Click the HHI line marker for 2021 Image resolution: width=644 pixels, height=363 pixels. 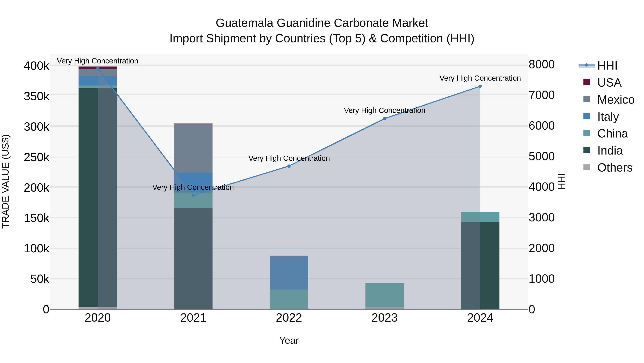click(193, 195)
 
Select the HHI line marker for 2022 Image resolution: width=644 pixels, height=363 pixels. click(289, 166)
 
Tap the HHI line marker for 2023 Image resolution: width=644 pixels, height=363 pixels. click(384, 119)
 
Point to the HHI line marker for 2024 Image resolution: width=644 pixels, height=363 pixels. click(480, 86)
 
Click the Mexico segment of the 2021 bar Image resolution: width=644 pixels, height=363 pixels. click(193, 148)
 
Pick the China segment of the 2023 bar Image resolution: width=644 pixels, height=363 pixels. click(384, 295)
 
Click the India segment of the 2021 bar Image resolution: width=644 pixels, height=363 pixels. click(193, 258)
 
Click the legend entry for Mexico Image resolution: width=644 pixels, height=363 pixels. click(616, 100)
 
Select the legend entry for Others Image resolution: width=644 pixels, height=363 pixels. click(614, 168)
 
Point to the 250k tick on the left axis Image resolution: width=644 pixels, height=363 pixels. click(36, 157)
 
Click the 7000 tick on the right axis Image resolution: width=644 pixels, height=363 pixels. click(542, 95)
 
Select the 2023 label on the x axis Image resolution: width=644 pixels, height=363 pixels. click(384, 318)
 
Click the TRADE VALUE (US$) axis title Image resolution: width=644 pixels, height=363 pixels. click(6, 182)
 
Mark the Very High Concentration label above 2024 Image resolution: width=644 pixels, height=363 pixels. click(480, 78)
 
